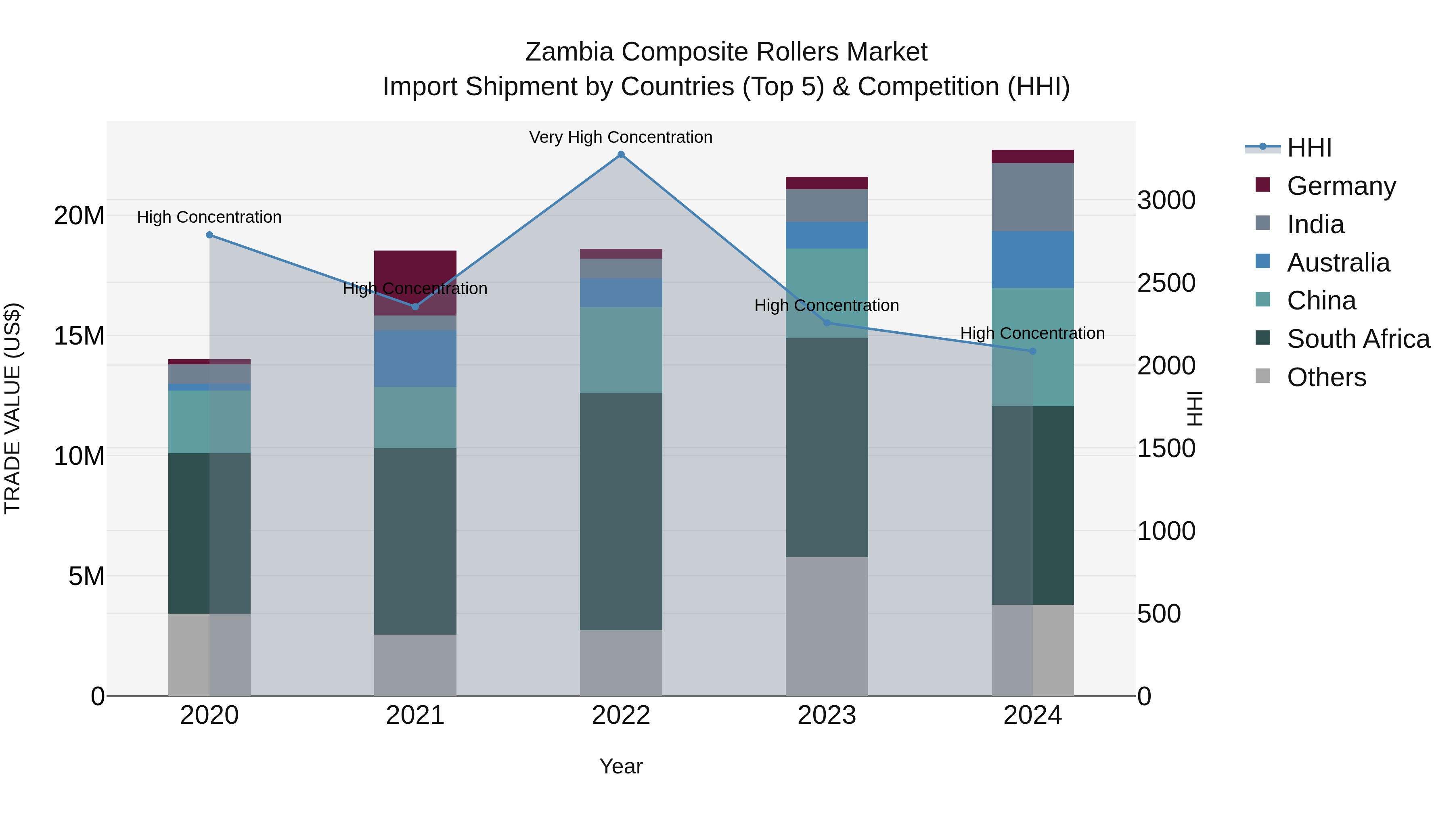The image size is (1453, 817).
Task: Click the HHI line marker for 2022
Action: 621,155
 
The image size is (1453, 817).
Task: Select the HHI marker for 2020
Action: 209,235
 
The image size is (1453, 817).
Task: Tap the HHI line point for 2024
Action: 1033,351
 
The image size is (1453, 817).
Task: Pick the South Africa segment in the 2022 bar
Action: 621,512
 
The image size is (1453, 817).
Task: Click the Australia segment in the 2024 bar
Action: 1033,260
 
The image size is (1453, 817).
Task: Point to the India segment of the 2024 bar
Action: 1033,197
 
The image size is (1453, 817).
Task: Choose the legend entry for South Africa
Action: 1358,339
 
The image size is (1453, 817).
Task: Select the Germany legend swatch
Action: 1263,185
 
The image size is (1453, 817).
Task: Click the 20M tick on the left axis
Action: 79,215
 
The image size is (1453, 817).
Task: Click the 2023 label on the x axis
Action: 827,715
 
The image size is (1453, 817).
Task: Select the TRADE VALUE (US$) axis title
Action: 13,408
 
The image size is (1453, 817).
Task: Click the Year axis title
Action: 621,766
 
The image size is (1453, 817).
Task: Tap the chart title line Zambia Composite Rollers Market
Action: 726,52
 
